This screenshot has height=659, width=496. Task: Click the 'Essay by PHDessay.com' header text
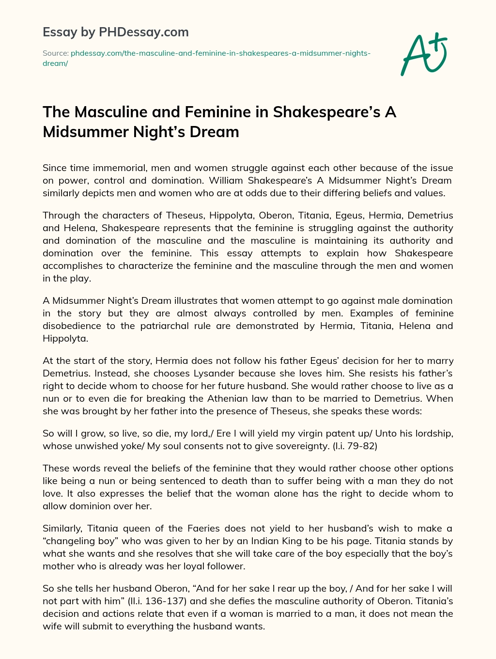(x=115, y=32)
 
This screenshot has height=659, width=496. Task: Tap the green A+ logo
(x=424, y=54)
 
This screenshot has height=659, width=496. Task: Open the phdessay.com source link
(x=220, y=53)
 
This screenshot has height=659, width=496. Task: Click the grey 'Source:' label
(x=56, y=53)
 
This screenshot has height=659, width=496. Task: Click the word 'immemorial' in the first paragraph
(x=121, y=168)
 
